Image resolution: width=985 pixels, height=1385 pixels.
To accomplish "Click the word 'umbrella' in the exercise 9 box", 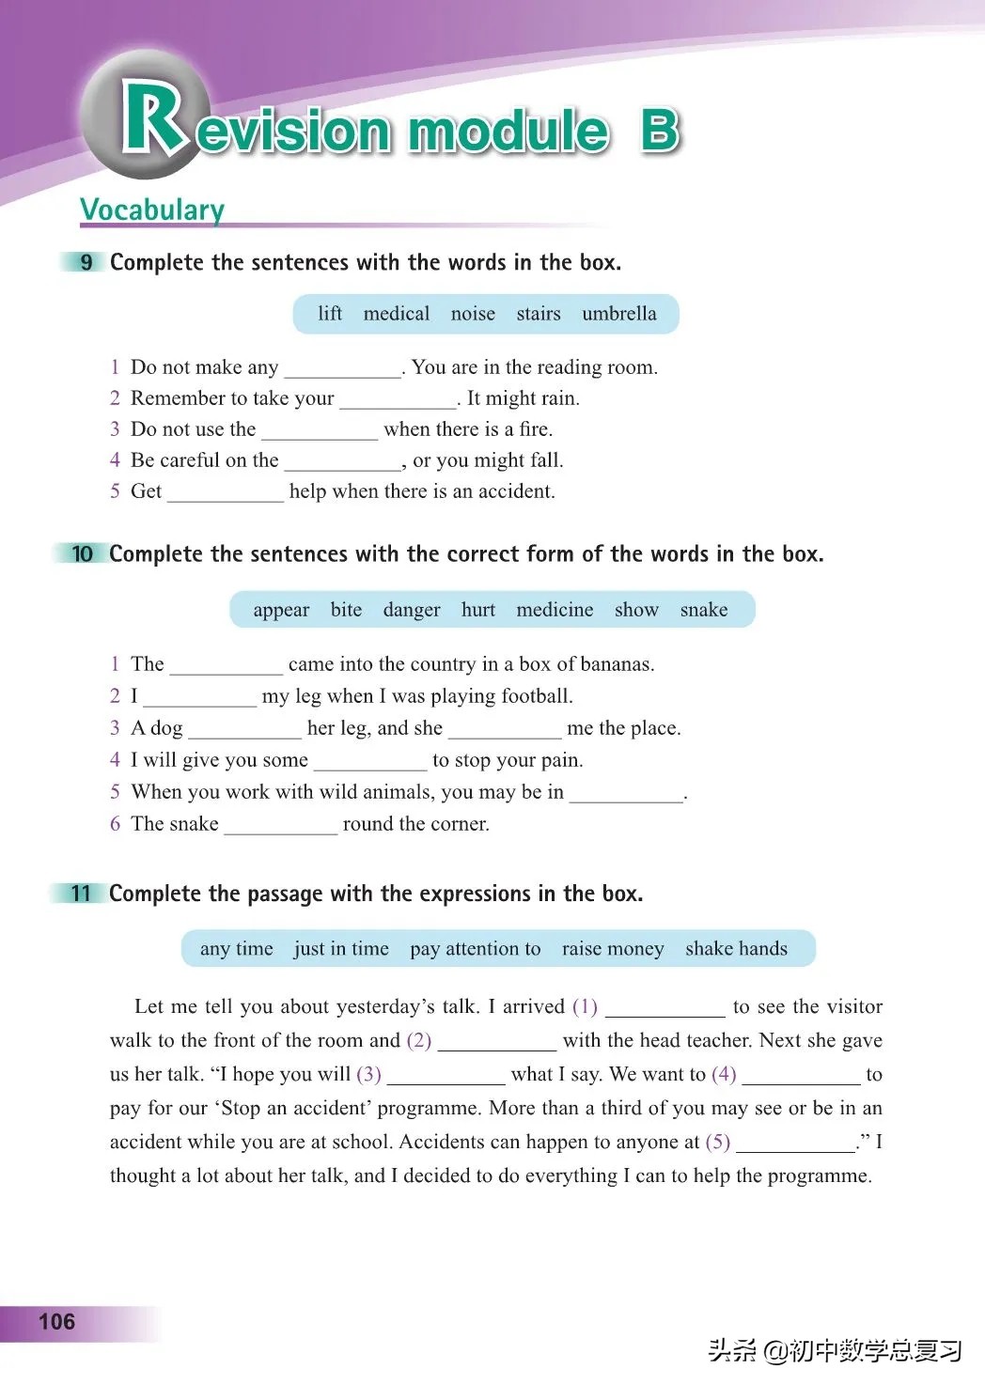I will pyautogui.click(x=618, y=314).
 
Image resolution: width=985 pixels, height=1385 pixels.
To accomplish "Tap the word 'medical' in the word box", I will pyautogui.click(x=396, y=314).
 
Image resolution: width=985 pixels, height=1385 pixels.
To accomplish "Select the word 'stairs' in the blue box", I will pyautogui.click(x=538, y=314).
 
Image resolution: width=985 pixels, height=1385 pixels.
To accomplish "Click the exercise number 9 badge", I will pyautogui.click(x=86, y=262).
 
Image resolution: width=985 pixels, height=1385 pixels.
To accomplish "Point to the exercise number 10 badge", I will pyautogui.click(x=83, y=553).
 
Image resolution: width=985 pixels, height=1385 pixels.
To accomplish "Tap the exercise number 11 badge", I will pyautogui.click(x=82, y=893).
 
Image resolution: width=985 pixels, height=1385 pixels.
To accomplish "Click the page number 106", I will pyautogui.click(x=56, y=1321).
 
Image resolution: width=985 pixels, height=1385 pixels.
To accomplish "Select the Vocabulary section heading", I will pyautogui.click(x=152, y=210).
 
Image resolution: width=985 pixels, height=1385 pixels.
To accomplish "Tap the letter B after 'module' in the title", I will pyautogui.click(x=660, y=131).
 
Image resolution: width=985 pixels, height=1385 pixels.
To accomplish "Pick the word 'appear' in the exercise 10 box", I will pyautogui.click(x=281, y=610).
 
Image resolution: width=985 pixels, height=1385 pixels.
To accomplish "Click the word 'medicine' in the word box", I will pyautogui.click(x=555, y=610).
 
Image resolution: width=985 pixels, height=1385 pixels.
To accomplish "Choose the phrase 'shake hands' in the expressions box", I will pyautogui.click(x=736, y=949).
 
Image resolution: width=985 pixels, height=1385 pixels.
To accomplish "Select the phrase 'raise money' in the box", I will pyautogui.click(x=613, y=949).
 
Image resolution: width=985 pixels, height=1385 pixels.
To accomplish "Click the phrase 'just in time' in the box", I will pyautogui.click(x=341, y=949).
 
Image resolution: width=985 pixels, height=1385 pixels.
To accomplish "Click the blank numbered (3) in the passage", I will pyautogui.click(x=446, y=1077).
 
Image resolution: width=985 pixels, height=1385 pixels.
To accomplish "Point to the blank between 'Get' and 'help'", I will pyautogui.click(x=226, y=494).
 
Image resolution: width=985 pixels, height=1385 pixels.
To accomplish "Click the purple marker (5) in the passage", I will pyautogui.click(x=718, y=1142).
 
